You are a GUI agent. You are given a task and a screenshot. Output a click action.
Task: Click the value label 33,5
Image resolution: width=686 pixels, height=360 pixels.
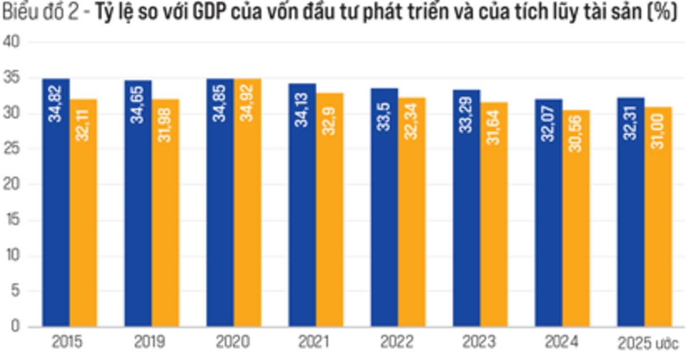pyautogui.click(x=385, y=117)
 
